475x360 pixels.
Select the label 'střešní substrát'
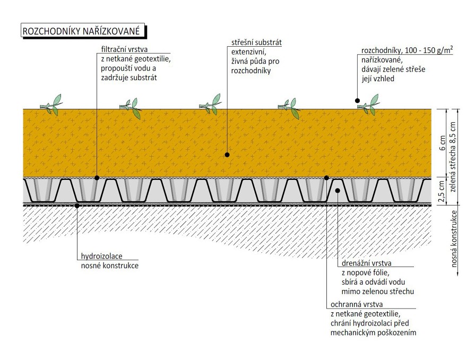[256, 42]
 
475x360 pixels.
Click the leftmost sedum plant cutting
[52, 105]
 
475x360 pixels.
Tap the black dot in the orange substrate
[227, 155]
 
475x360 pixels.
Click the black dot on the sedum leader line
[358, 100]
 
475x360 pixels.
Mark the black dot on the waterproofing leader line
[77, 205]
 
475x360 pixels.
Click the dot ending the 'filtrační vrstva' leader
[97, 177]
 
